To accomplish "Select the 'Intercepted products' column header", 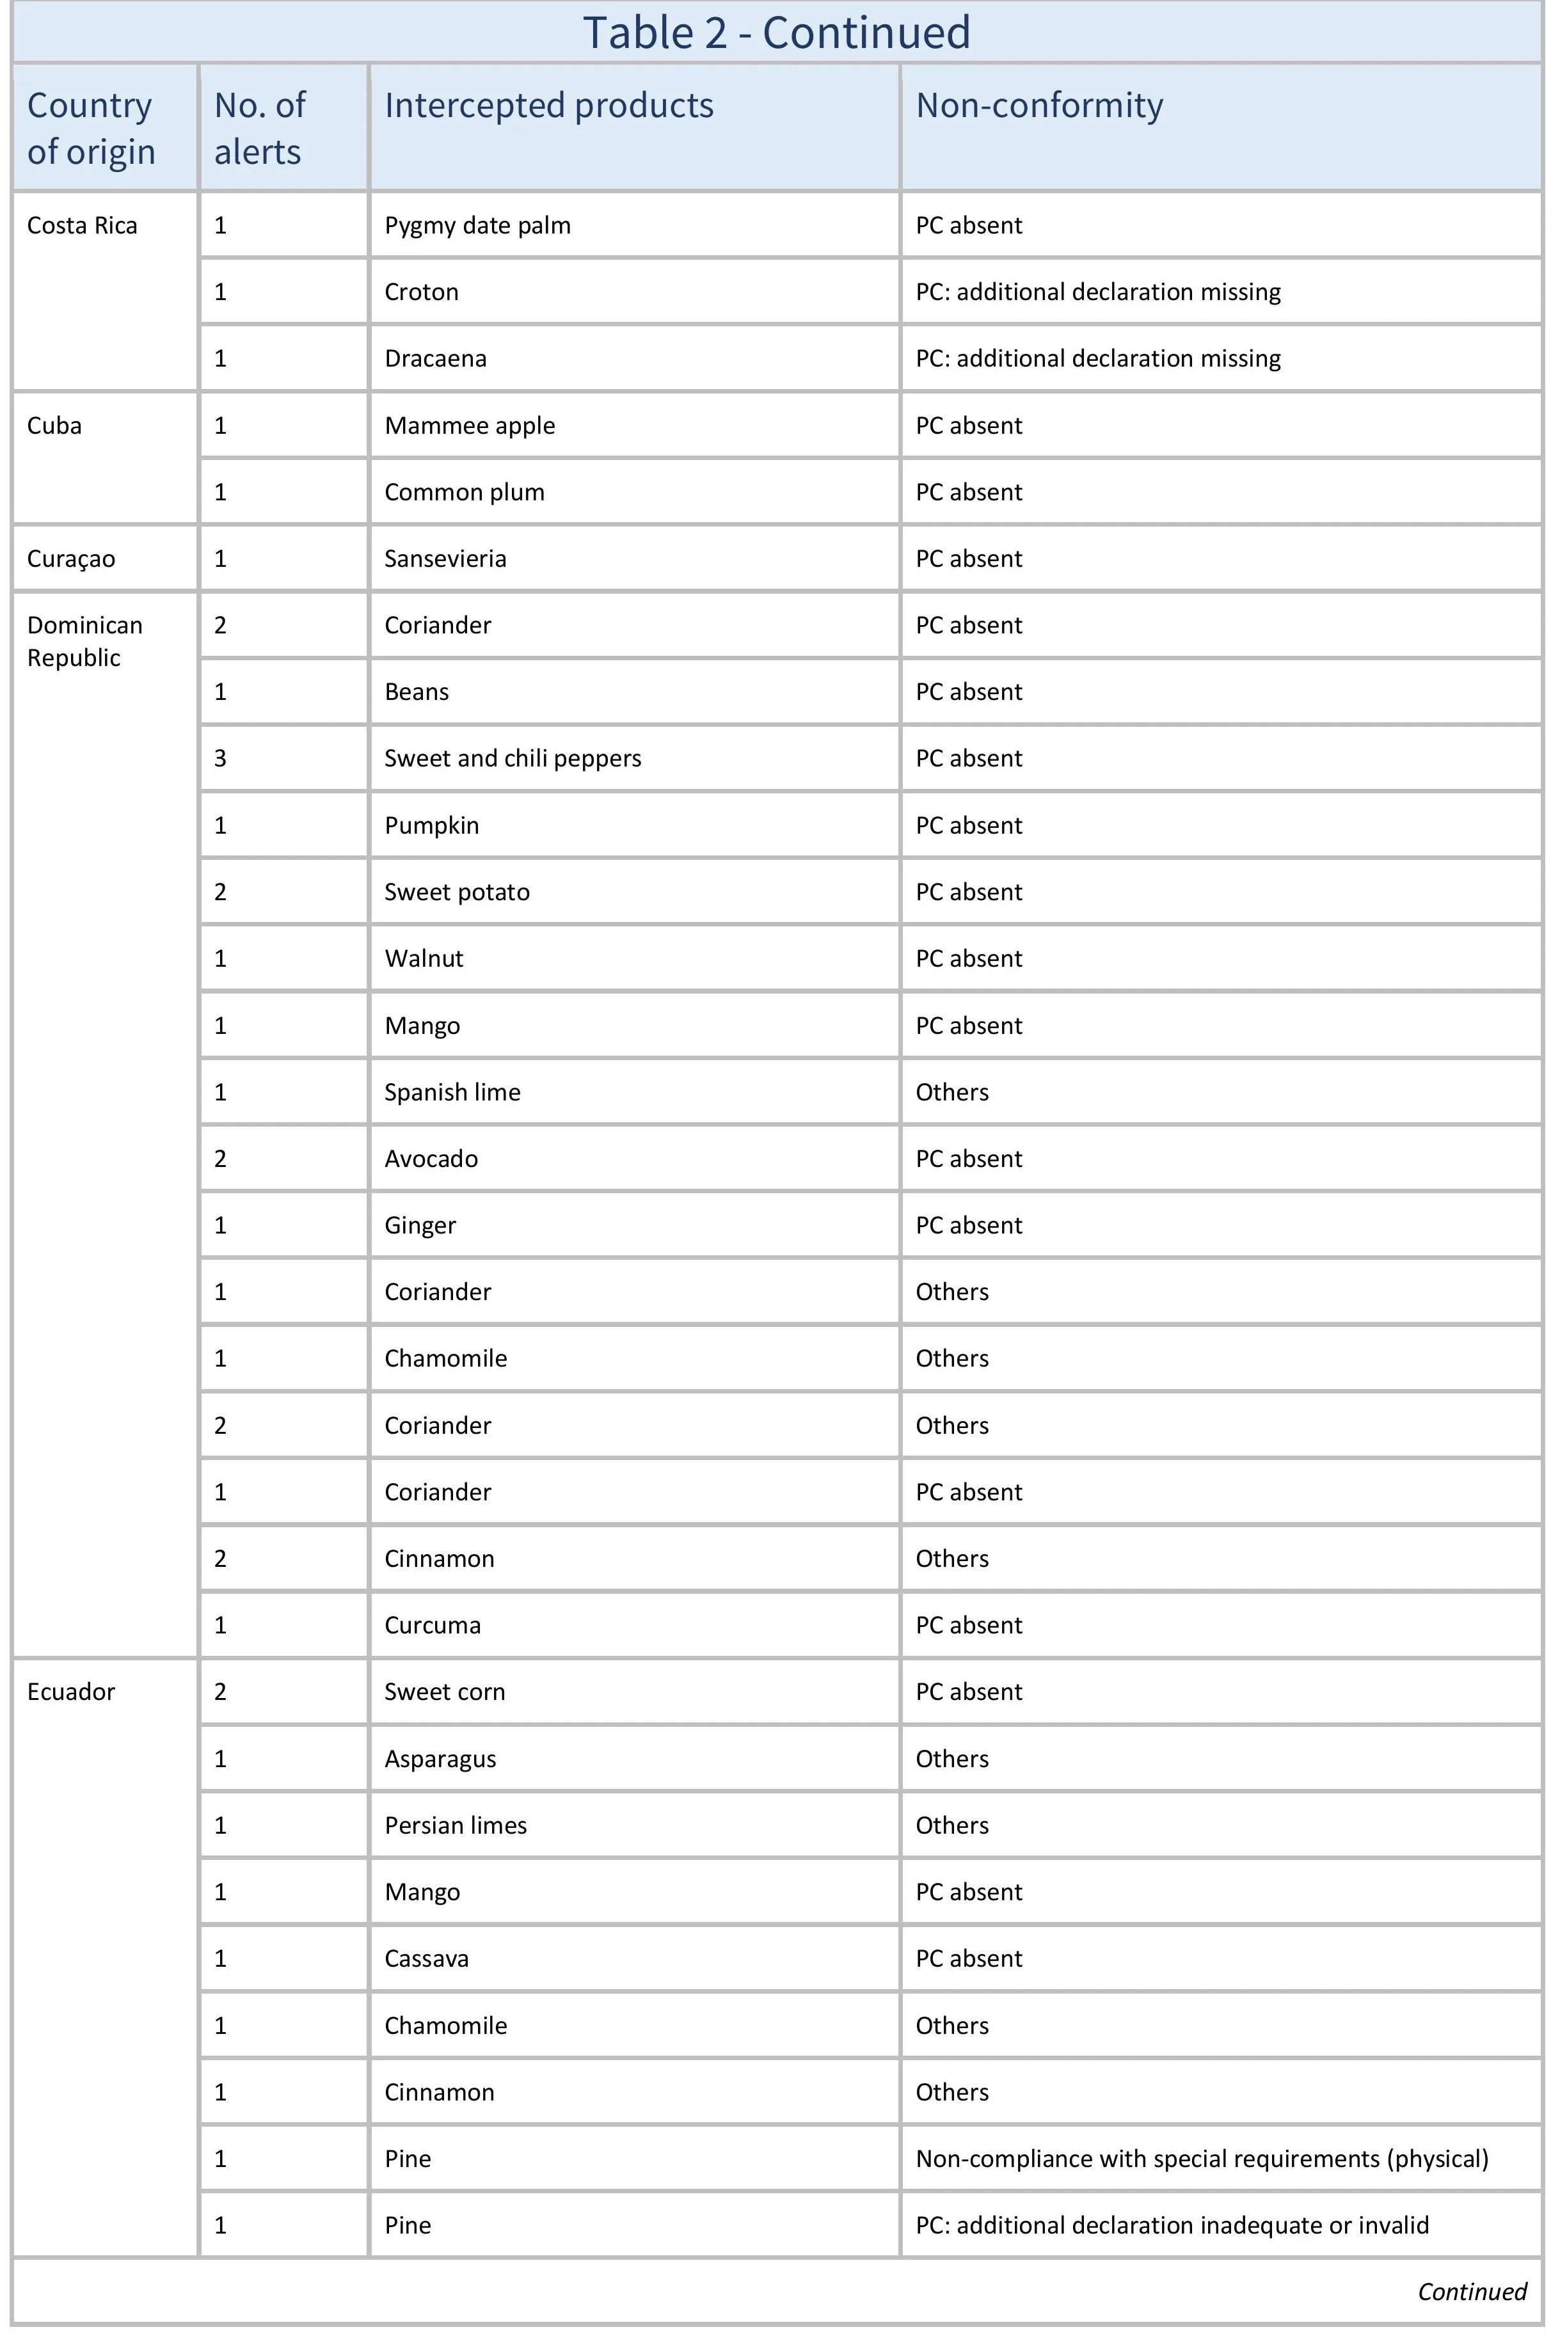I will [x=548, y=106].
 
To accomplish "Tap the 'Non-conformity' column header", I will [x=1039, y=106].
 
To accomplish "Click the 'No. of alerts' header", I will [x=259, y=128].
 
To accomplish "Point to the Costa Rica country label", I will [x=82, y=226].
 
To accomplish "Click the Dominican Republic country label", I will [x=85, y=642].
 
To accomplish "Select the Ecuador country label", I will [x=71, y=1692].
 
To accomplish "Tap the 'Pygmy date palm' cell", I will [x=478, y=226].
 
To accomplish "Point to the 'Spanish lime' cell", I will [x=453, y=1092].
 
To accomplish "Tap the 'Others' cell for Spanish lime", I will [x=952, y=1092].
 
